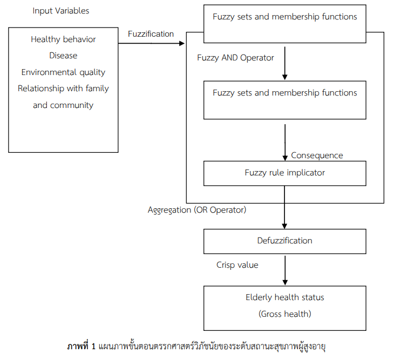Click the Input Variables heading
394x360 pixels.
coord(61,11)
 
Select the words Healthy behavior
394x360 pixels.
coord(63,39)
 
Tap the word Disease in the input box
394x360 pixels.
coord(63,56)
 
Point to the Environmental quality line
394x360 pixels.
coord(63,72)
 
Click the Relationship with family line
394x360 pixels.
coord(63,89)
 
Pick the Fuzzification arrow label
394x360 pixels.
coord(151,34)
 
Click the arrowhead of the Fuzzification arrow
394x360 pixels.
coord(182,43)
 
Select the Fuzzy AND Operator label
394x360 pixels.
coord(235,58)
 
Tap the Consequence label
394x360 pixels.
coord(317,155)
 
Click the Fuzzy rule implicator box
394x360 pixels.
coord(284,173)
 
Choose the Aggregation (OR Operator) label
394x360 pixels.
coord(197,210)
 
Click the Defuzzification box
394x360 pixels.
coord(284,241)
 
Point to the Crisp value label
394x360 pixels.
coord(237,265)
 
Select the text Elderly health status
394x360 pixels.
coord(284,297)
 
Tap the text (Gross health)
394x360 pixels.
coord(284,314)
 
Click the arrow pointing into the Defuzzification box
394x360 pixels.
coord(285,216)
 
